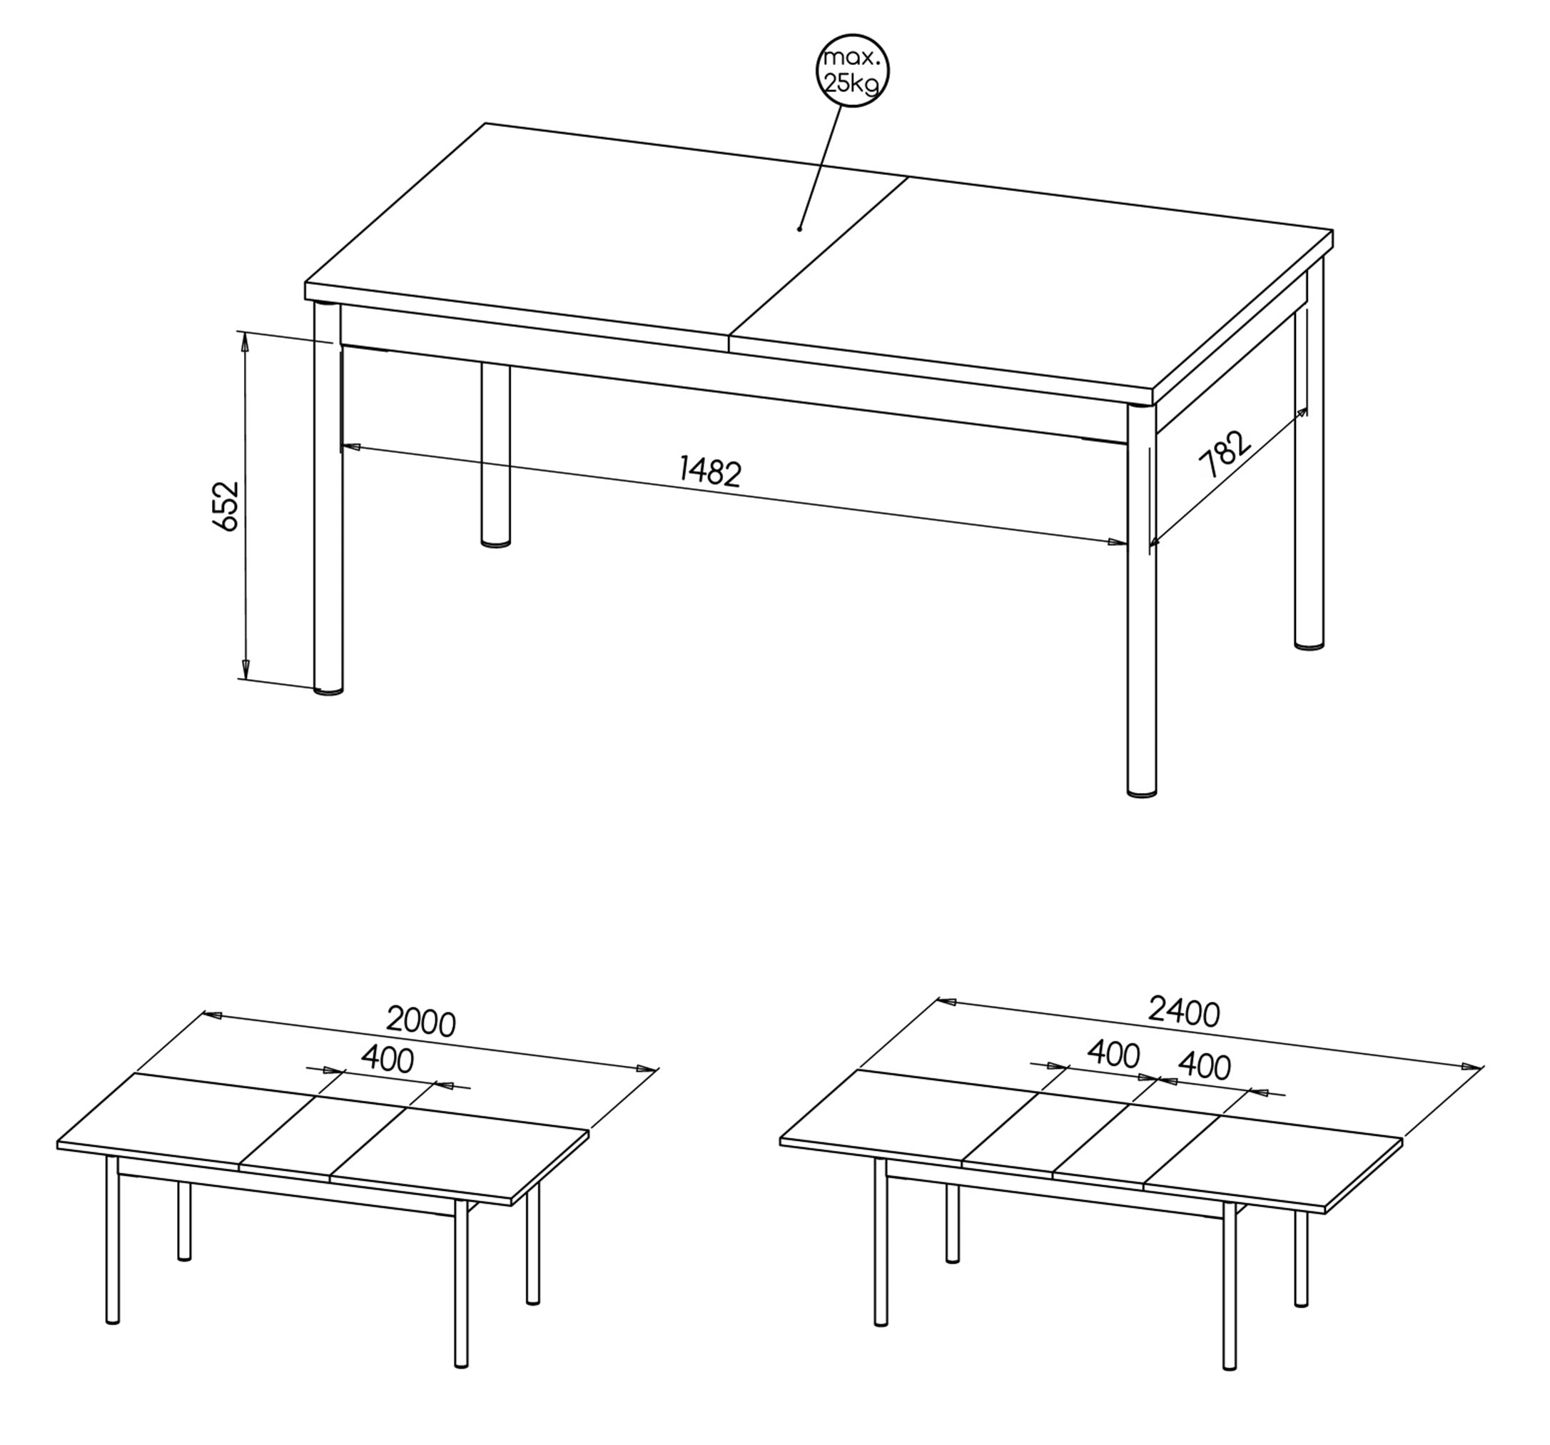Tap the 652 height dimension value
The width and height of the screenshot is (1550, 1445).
tap(226, 507)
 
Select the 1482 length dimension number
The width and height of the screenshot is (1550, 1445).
tap(709, 472)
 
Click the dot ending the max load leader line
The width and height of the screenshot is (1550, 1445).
tap(799, 228)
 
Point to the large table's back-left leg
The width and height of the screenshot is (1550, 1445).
tap(495, 455)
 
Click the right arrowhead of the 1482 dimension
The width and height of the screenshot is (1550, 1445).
tap(1117, 542)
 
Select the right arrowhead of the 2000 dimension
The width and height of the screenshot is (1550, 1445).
tap(647, 1068)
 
